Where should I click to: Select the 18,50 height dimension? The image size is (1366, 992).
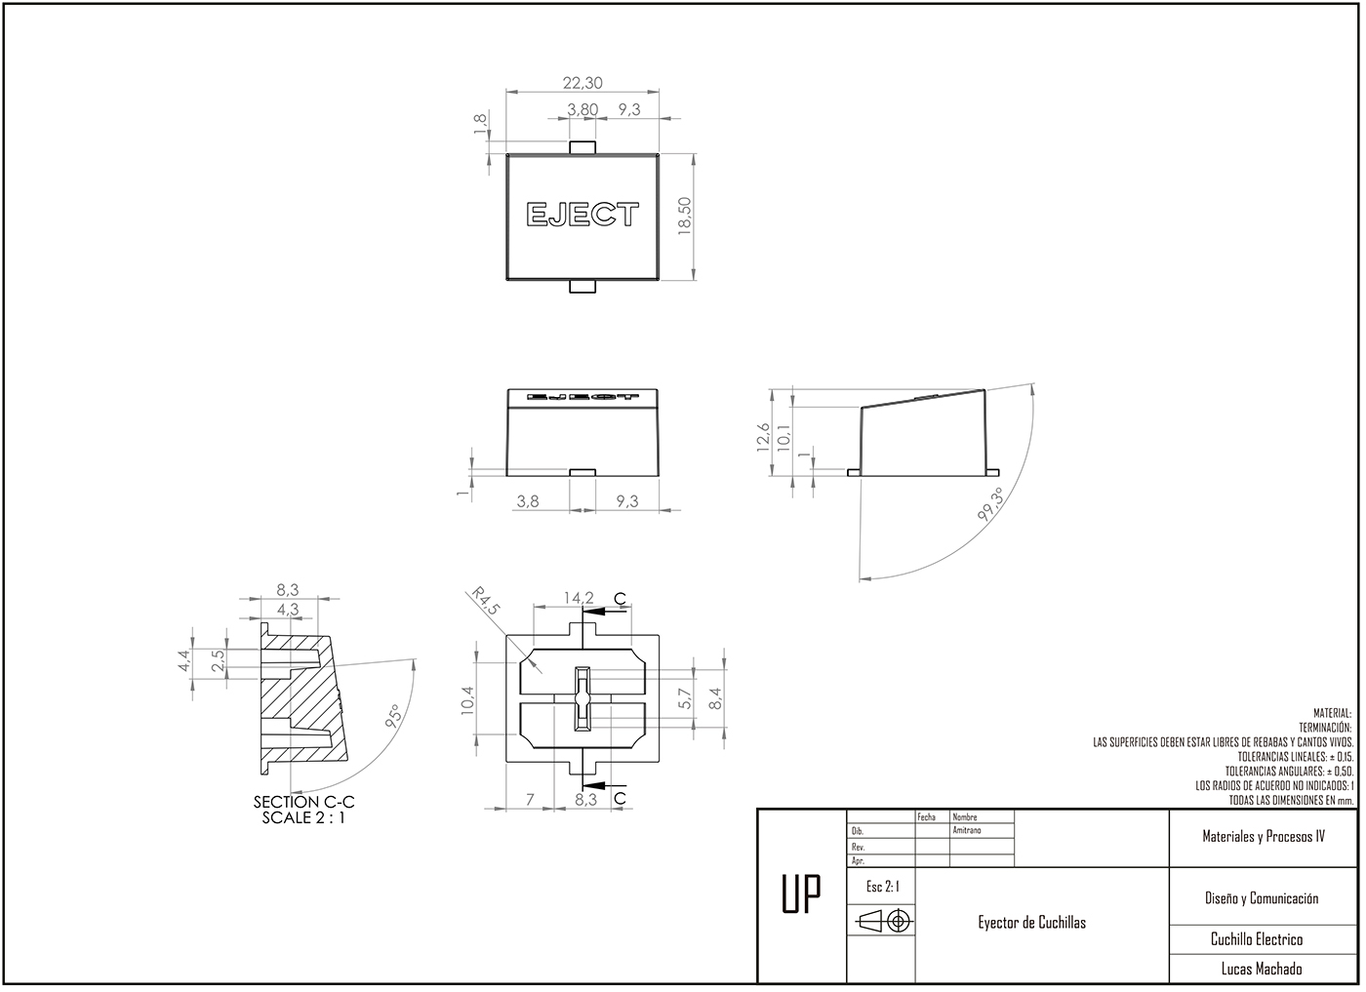click(684, 216)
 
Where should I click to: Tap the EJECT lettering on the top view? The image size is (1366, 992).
click(583, 215)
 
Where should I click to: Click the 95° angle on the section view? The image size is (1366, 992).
click(394, 717)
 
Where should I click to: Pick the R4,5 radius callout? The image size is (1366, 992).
click(485, 601)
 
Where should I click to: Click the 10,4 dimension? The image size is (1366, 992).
click(467, 700)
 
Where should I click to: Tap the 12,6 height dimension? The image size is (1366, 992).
click(763, 438)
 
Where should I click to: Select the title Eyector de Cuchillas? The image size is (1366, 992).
click(1031, 923)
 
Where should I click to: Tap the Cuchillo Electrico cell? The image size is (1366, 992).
click(1256, 939)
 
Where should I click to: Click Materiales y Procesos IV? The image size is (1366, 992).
click(1263, 837)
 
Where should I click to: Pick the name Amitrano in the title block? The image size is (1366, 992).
click(967, 831)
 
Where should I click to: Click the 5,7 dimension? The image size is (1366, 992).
click(685, 698)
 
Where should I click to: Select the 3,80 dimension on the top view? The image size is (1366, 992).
click(583, 110)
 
